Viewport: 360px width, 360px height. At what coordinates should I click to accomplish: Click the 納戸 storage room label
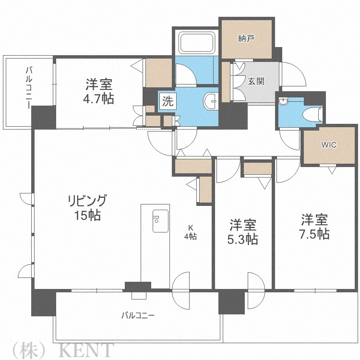click(x=246, y=39)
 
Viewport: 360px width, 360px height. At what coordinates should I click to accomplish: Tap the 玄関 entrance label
click(x=255, y=82)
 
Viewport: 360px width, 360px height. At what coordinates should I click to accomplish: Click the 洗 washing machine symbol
click(x=167, y=101)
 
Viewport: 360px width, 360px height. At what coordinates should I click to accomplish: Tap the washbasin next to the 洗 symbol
click(x=210, y=101)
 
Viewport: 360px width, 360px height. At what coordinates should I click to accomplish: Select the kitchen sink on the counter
click(x=158, y=221)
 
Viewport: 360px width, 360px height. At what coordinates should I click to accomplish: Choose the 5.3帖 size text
click(x=242, y=239)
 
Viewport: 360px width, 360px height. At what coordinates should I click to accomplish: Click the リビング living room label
click(x=87, y=200)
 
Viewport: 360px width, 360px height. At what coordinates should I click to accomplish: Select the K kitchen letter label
click(x=191, y=228)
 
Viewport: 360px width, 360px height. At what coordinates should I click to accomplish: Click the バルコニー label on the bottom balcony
click(x=137, y=315)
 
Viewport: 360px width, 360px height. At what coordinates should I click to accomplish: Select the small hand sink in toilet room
click(x=284, y=102)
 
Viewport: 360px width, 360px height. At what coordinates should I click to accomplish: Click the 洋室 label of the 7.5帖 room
click(x=314, y=220)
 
